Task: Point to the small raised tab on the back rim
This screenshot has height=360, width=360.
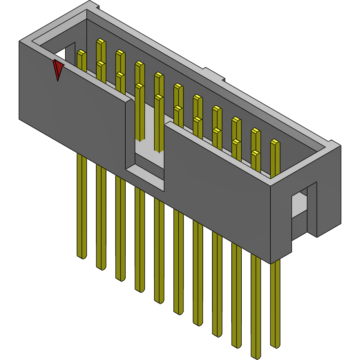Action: click(214, 74)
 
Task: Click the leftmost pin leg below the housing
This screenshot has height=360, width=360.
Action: click(81, 206)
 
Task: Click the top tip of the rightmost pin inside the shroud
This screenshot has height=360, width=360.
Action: click(275, 143)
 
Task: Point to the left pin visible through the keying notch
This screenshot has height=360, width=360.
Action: click(140, 114)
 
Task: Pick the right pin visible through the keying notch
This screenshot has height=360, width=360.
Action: click(159, 123)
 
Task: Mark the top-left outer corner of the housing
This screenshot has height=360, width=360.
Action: click(19, 42)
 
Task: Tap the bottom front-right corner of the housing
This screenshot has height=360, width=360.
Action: click(271, 263)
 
